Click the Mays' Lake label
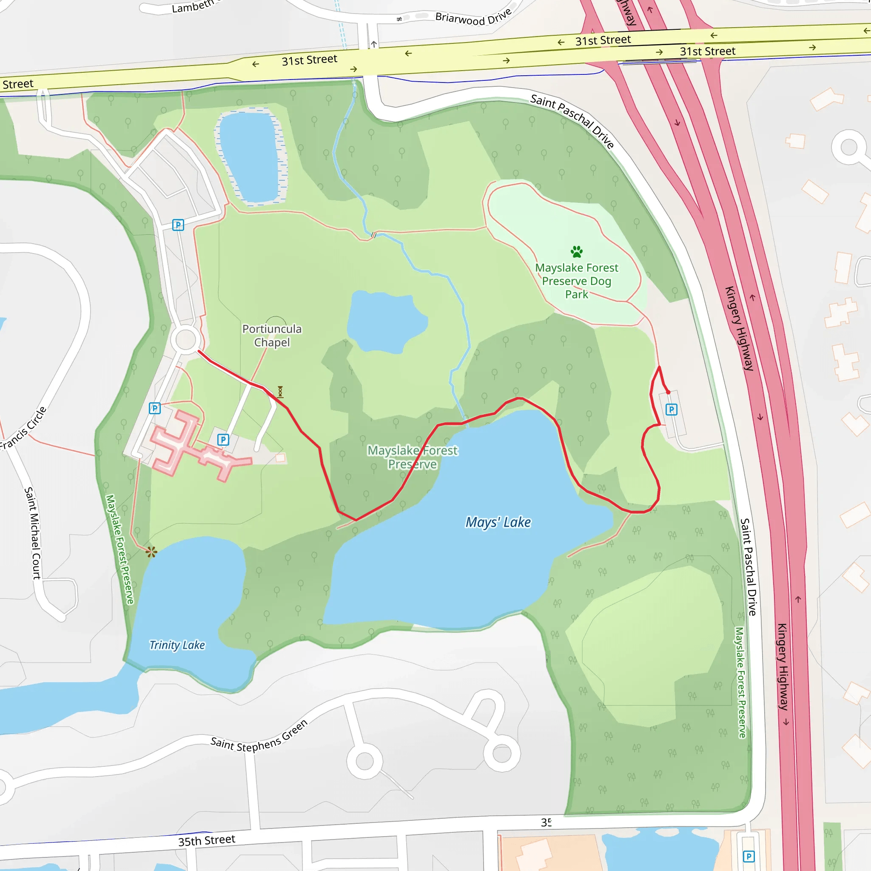point(498,522)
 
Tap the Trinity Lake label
point(177,645)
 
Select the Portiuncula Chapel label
point(272,336)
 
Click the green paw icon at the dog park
point(577,252)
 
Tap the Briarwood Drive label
point(473,17)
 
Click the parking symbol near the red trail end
point(671,410)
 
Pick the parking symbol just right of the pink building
point(223,440)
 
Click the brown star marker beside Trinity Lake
point(151,552)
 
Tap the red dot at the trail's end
point(668,392)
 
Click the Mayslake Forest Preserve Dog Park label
point(577,281)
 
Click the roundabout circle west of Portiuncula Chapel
point(185,339)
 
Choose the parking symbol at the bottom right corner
point(749,856)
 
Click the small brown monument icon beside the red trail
point(280,391)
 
